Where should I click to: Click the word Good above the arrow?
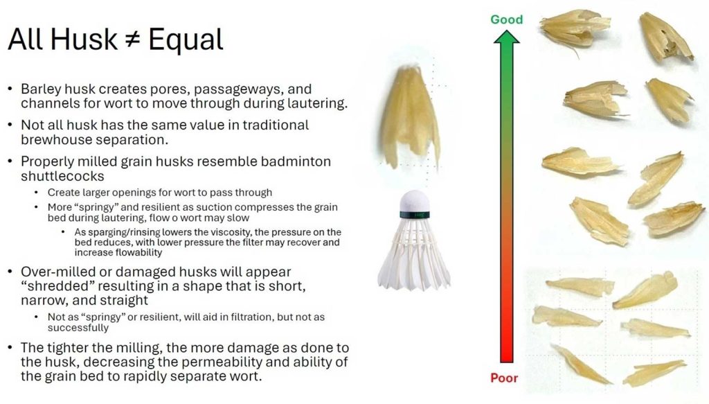point(506,19)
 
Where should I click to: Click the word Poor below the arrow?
point(504,378)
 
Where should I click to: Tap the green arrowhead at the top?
point(506,37)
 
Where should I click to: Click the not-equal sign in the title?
point(132,39)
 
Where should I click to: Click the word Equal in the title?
point(186,39)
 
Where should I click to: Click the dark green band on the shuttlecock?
point(415,214)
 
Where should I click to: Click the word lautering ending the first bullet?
point(317,104)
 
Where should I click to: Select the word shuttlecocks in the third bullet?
point(62,176)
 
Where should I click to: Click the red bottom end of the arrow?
point(506,360)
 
